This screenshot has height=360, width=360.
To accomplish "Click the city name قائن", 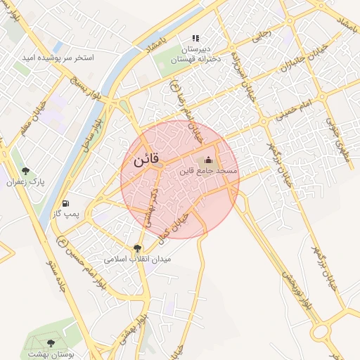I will pyautogui.click(x=146, y=159).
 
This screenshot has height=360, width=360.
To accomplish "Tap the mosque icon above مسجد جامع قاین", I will pyautogui.click(x=208, y=160).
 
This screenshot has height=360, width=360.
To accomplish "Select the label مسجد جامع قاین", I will pyautogui.click(x=208, y=171).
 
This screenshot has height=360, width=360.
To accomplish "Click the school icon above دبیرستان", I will pyautogui.click(x=195, y=38).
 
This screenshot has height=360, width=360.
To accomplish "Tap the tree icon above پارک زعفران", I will pyautogui.click(x=26, y=171).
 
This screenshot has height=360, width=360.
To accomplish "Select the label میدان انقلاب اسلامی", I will pyautogui.click(x=136, y=259).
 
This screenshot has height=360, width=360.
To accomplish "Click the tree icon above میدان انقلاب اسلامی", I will pyautogui.click(x=136, y=248).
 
